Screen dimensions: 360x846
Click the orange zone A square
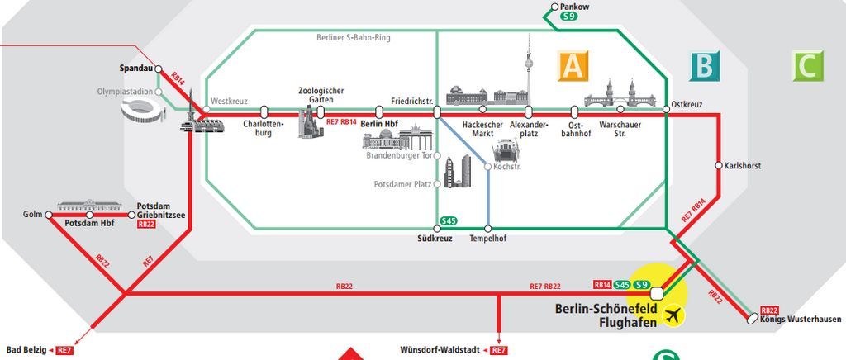coord(572,66)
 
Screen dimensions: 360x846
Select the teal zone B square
coord(705,66)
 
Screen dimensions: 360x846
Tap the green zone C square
coord(807,66)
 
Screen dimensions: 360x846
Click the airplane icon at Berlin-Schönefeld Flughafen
coord(675,315)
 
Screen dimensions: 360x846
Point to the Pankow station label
coord(575,7)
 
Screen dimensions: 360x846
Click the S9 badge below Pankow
coord(568,17)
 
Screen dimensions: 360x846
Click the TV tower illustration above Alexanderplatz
coord(528,70)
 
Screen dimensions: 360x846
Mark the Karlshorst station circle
coord(719,166)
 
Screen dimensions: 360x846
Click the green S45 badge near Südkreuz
coord(449,220)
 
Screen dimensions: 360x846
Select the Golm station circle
coord(49,215)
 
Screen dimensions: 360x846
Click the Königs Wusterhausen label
coord(800,320)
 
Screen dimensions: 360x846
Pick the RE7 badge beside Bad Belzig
coord(65,350)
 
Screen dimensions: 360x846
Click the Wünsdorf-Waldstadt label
coord(442,350)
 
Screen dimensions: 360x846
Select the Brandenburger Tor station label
coord(398,155)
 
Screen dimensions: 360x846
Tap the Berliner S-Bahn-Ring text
coord(354,38)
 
